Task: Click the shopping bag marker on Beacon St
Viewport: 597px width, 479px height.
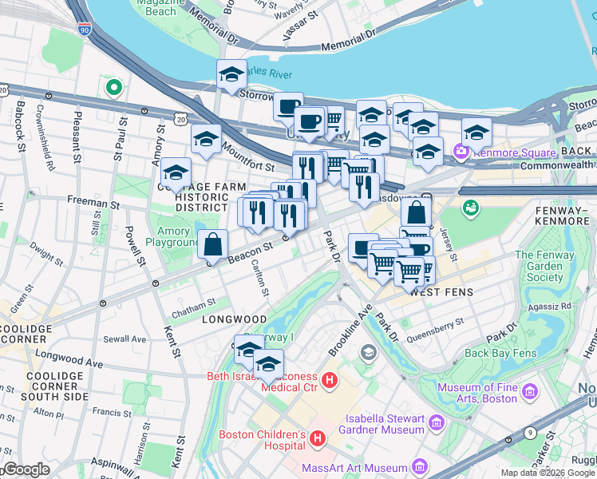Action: click(213, 244)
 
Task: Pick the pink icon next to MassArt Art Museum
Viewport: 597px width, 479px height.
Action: click(419, 468)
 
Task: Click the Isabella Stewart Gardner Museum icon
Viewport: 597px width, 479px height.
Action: click(436, 422)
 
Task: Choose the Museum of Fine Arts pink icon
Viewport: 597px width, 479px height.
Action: click(528, 392)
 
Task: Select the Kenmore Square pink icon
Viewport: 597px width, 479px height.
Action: click(461, 150)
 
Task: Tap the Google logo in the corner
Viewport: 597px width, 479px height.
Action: click(26, 469)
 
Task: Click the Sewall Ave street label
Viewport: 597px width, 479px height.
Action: click(125, 338)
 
